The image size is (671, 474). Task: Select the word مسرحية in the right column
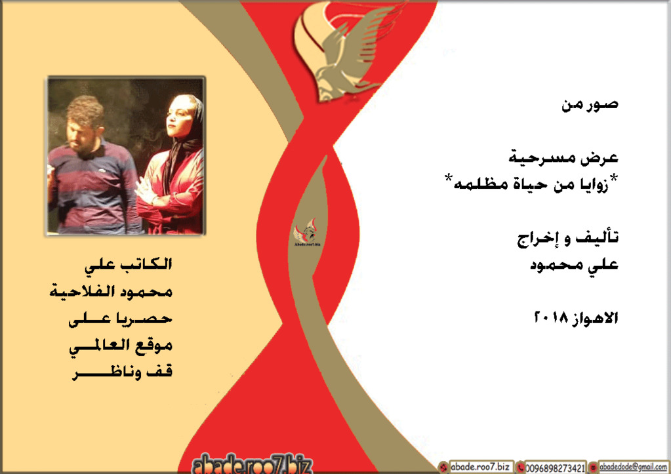(536, 157)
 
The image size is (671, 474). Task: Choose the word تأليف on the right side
(596, 238)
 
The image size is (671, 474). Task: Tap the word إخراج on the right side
(537, 239)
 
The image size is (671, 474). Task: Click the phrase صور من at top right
(590, 105)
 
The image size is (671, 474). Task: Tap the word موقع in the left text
(155, 346)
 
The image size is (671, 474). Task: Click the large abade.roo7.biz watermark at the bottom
(253, 464)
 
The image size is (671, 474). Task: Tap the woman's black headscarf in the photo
(185, 137)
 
